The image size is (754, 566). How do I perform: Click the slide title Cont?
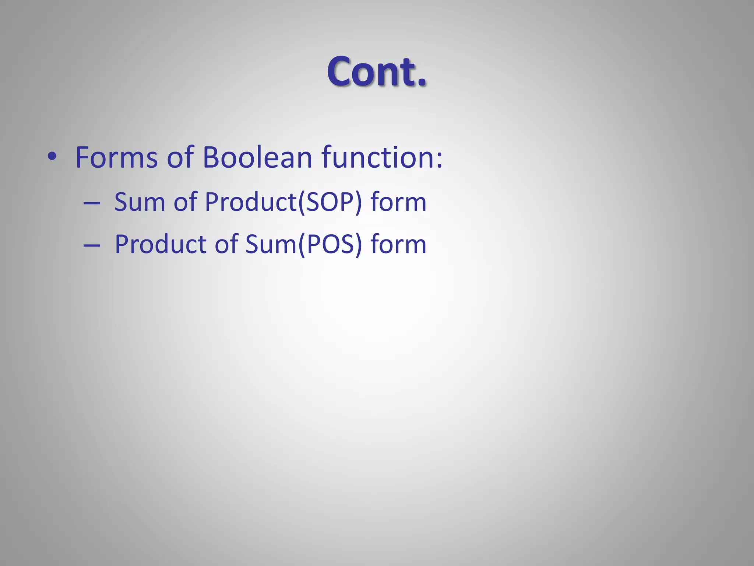pos(376,71)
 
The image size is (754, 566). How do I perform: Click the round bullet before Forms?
pos(52,157)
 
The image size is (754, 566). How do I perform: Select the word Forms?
pos(116,158)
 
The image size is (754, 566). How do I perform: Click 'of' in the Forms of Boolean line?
pos(180,157)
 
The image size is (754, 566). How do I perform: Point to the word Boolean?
pos(257,157)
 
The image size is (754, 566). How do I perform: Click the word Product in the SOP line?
pos(250,202)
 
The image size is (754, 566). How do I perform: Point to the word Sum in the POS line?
pos(271,244)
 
